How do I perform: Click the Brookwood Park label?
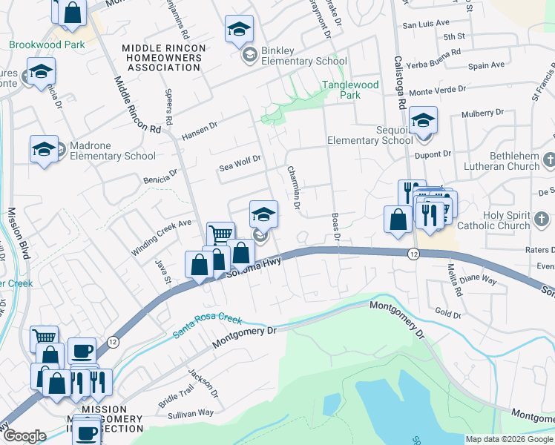coord(47,44)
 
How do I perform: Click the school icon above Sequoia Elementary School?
coord(423,119)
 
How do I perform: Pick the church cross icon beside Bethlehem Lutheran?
coord(549,159)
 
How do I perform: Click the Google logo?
coord(24,436)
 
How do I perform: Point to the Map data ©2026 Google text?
coord(508,439)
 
